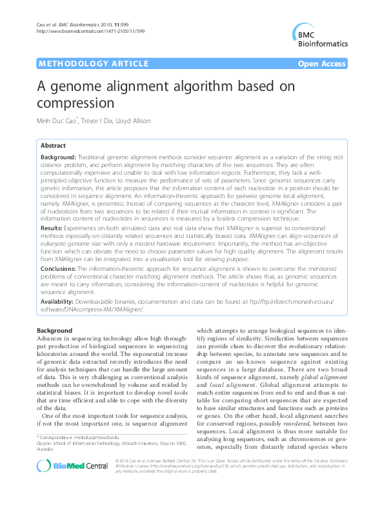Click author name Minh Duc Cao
coord(57,121)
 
